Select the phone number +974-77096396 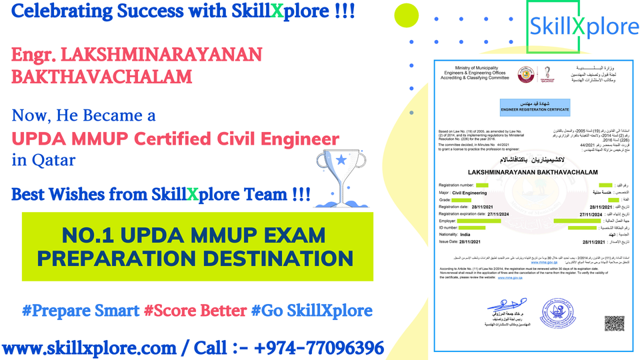point(307,347)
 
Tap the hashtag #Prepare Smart point(81,311)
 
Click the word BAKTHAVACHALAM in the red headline point(102,76)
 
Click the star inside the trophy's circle point(341,160)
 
